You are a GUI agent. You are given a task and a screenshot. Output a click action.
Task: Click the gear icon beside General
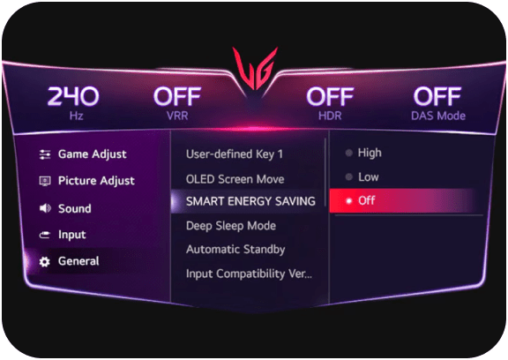[44, 261]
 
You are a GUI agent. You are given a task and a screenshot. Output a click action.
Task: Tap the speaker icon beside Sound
[45, 208]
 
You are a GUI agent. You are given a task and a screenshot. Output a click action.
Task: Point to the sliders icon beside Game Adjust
[45, 154]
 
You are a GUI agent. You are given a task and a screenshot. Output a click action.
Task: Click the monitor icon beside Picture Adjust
[45, 181]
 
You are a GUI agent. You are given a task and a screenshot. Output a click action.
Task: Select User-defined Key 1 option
[235, 154]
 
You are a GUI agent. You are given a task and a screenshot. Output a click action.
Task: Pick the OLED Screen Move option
[235, 179]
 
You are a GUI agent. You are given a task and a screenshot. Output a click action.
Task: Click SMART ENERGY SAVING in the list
[250, 201]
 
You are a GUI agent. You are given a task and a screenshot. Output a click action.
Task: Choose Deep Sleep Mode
[231, 226]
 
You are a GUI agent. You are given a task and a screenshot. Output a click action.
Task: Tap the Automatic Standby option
[235, 250]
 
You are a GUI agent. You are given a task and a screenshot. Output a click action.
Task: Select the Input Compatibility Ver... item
[249, 274]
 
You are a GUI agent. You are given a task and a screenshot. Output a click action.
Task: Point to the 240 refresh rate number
[73, 96]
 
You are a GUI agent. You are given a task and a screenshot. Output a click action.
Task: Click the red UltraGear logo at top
[255, 68]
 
